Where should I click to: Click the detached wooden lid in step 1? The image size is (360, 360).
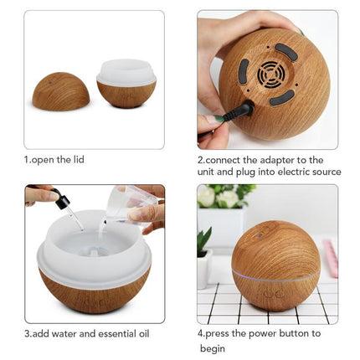60,91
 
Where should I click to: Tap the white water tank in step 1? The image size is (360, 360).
126,72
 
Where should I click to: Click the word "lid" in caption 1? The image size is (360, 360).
77,159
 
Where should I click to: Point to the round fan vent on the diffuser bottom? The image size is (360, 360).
270,75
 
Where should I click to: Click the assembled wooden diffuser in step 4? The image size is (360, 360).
275,266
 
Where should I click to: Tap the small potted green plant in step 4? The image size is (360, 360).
203,255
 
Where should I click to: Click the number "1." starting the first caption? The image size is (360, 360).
28,159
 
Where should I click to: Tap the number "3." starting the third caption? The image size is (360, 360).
28,334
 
